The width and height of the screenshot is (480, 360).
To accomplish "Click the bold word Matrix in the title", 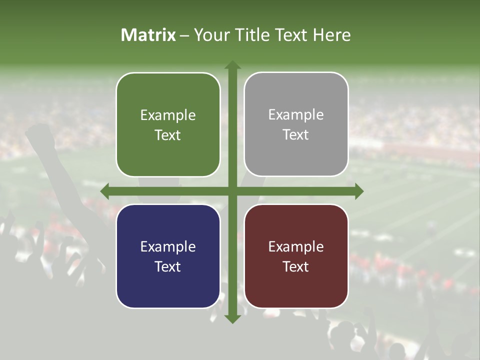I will point(148,35).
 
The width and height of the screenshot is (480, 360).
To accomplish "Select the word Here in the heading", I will point(331,35).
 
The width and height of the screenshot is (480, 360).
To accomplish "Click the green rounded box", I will point(168,124).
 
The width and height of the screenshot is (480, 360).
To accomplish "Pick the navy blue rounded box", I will point(168,256).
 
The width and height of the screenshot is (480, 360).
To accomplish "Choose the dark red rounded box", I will point(296,256).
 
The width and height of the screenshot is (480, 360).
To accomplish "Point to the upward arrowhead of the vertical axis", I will point(232,65).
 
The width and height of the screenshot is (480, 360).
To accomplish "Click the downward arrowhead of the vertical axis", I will point(232,318).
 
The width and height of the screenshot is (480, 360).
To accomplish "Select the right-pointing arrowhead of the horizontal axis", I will point(358,191).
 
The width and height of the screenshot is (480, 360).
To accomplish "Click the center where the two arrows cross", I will point(232,191).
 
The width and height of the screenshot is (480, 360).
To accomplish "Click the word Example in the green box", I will point(168,115).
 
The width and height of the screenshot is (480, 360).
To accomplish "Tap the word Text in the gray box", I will point(296,135).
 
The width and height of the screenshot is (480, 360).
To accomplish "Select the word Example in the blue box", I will point(168,246).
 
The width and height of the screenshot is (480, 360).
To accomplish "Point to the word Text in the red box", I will point(296,266).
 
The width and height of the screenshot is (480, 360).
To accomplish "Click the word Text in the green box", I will point(168,135).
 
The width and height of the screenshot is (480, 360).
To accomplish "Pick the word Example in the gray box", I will point(296,114).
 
